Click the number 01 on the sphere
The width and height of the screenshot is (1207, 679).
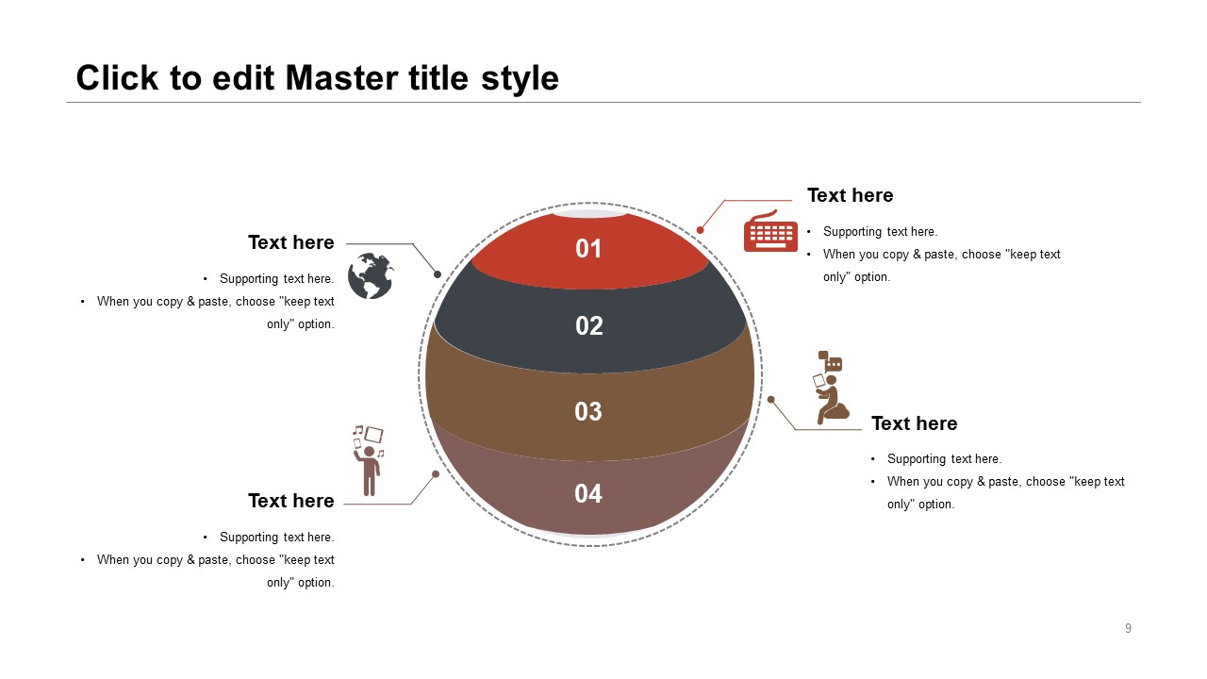[587, 248]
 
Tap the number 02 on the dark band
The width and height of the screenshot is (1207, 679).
[589, 326]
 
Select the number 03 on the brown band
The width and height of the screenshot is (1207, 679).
[587, 412]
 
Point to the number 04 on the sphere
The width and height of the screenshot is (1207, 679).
[587, 493]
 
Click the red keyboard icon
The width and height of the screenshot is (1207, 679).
[770, 231]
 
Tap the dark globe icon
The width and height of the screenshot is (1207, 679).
[371, 275]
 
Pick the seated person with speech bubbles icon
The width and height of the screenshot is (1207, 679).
[831, 388]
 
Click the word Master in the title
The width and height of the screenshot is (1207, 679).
[342, 78]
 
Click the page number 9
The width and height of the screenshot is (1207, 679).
[1128, 628]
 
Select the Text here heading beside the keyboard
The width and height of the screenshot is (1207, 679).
[850, 195]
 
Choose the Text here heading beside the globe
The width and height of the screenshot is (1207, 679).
[291, 242]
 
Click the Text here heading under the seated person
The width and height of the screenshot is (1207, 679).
[915, 423]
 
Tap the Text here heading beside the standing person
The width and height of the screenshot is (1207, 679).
[291, 501]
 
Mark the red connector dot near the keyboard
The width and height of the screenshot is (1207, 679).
[700, 230]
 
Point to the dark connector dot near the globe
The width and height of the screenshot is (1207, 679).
[438, 274]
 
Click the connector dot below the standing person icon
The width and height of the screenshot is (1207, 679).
[436, 474]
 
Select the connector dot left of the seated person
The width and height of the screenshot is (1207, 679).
[771, 399]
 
